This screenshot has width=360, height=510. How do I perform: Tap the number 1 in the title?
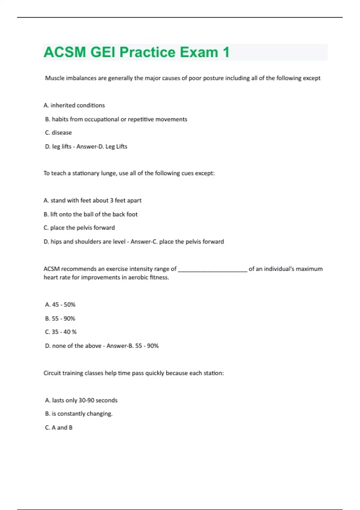pos(226,52)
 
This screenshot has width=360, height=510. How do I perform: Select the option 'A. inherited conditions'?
pos(74,105)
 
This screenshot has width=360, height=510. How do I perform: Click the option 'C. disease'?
pos(58,133)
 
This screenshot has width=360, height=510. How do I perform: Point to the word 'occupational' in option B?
pos(101,119)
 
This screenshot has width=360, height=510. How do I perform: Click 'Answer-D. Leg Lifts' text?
pos(102,147)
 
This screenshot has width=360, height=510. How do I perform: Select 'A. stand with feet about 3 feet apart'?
pos(92,200)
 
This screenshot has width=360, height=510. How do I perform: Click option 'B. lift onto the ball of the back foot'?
pos(91,214)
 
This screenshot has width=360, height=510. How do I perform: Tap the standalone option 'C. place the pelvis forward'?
pos(79,228)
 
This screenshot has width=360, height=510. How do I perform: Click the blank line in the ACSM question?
pos(212,269)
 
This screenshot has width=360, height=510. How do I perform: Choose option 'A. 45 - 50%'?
pos(60,305)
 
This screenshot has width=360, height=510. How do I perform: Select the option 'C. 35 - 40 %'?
pos(61,332)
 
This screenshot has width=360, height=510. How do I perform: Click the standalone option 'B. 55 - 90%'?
pos(60,319)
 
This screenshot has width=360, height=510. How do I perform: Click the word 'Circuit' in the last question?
pos(52,373)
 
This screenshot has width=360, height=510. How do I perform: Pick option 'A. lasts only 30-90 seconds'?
pos(81,400)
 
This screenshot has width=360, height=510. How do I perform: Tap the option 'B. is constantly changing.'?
pos(79,414)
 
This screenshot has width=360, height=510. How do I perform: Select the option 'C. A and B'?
pos(59,428)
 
